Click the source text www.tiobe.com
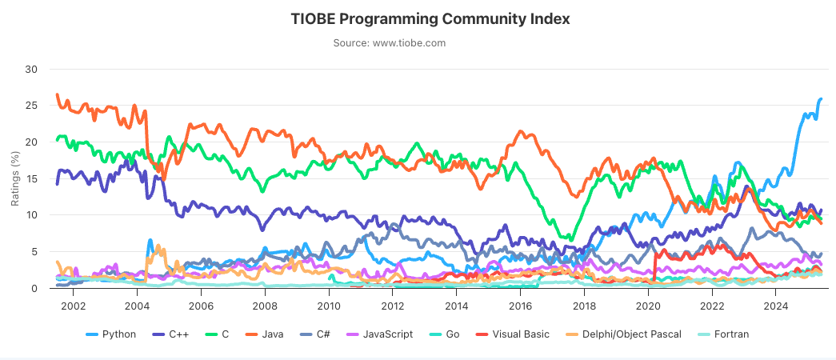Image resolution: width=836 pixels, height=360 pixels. [x=389, y=43]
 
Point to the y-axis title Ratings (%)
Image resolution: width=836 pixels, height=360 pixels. [x=14, y=178]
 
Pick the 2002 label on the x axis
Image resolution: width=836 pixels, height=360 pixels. [x=73, y=305]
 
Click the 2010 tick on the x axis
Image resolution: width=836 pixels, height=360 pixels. [x=328, y=305]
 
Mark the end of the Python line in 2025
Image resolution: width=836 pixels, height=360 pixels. [x=821, y=99]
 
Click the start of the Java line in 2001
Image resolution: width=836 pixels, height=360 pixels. [x=57, y=95]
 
